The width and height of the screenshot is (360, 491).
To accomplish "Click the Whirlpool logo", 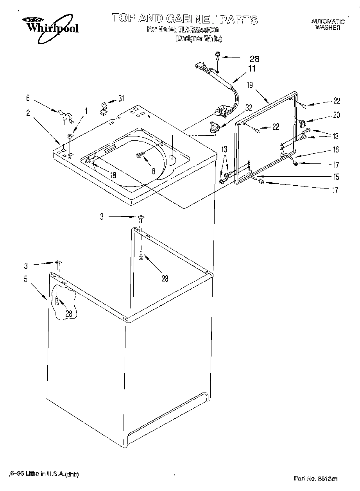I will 50,25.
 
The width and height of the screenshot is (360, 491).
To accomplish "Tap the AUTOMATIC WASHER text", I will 328,24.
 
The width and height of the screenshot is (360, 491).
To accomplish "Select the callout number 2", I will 28,113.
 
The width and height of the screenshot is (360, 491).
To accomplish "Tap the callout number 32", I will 249,108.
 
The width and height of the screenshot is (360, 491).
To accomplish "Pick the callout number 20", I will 336,115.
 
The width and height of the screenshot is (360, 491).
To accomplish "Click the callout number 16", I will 336,149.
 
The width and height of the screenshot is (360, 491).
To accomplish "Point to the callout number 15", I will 336,177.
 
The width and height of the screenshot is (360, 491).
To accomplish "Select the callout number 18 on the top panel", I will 113,176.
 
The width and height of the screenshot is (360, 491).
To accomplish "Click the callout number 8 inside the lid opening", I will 154,171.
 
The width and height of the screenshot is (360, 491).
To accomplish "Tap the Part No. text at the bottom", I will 315,478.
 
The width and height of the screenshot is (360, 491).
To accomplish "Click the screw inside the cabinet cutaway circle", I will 57,301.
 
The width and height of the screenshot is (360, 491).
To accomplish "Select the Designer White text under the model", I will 199,38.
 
